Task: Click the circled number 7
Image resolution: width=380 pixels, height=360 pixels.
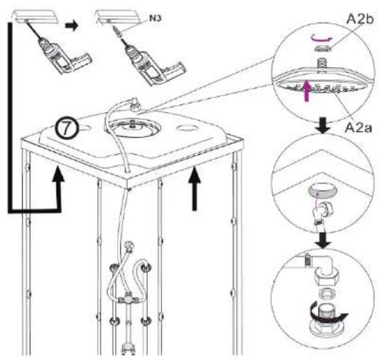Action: (x=66, y=129)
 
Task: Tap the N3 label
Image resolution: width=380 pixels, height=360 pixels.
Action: (x=154, y=18)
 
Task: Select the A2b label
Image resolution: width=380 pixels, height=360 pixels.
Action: (x=360, y=19)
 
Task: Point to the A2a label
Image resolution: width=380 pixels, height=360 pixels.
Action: (x=358, y=128)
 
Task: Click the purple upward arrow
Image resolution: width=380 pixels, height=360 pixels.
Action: (x=307, y=91)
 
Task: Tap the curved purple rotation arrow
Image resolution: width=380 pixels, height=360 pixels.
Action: (x=321, y=38)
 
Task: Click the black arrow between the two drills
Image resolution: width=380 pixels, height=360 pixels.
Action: (x=71, y=26)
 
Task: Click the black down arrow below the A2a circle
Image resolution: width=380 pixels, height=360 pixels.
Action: (x=323, y=125)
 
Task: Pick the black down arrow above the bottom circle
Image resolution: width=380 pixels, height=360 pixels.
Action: (x=323, y=241)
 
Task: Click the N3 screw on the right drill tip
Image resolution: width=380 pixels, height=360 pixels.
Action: (x=117, y=32)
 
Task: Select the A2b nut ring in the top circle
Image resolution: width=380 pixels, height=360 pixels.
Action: (x=322, y=49)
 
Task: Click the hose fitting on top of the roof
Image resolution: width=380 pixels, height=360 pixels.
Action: (x=134, y=104)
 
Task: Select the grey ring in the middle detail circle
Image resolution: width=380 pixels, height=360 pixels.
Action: (x=322, y=190)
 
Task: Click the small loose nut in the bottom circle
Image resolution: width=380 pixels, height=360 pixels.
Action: (x=325, y=294)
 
